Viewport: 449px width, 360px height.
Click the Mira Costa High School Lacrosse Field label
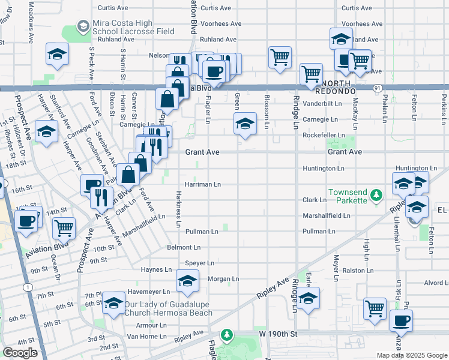click(133, 27)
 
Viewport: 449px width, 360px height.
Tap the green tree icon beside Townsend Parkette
click(376, 194)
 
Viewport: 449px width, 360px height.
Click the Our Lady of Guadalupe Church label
click(168, 308)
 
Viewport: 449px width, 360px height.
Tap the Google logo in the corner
click(20, 353)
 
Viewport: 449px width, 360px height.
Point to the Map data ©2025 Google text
click(412, 355)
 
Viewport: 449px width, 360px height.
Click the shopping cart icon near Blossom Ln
click(280, 58)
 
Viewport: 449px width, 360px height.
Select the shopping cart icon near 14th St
click(64, 227)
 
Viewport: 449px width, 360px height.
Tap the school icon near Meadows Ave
click(57, 55)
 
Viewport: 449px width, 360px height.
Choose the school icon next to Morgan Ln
click(187, 280)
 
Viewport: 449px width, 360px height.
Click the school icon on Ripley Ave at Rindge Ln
click(308, 298)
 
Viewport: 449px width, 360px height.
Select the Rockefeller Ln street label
click(324, 136)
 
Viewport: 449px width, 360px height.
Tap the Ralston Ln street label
click(362, 271)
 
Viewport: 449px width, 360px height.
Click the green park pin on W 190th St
click(226, 334)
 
